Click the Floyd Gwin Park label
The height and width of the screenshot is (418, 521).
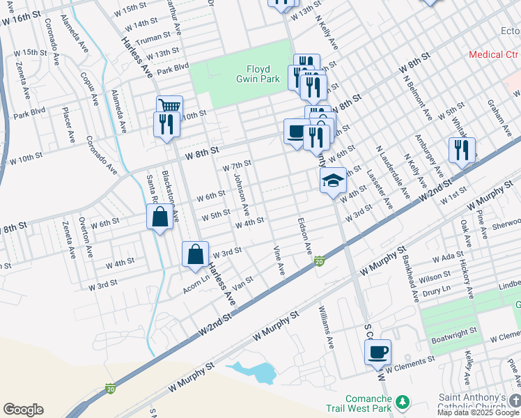(263, 74)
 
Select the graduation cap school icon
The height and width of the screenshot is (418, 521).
(334, 182)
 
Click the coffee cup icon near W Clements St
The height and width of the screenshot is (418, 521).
(378, 351)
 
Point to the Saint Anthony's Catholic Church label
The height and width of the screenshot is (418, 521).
(476, 403)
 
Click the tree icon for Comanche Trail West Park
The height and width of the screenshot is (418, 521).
(402, 402)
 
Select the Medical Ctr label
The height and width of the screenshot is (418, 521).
(493, 54)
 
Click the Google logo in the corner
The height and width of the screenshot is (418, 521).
(22, 410)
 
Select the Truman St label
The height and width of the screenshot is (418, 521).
(153, 37)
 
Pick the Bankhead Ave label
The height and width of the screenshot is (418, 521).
(410, 278)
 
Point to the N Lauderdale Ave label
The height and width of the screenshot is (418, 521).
(393, 172)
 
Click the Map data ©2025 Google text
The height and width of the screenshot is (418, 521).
(479, 412)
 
